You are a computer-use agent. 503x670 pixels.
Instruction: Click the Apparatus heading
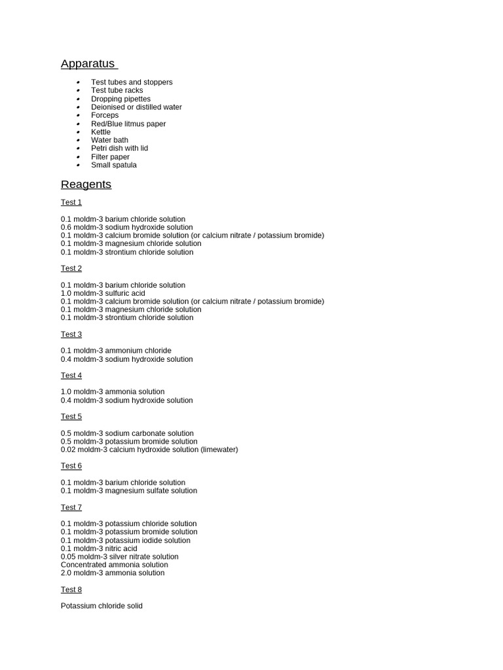(x=88, y=63)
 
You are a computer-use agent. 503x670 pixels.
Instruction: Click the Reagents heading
(x=86, y=185)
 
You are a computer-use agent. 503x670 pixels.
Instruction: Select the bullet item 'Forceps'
(x=105, y=115)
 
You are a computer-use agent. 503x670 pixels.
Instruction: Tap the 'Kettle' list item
(x=101, y=132)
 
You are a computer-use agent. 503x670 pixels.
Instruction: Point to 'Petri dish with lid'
(x=119, y=148)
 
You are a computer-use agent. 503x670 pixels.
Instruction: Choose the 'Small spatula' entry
(x=114, y=165)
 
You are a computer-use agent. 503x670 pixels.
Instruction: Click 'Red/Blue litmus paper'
(x=128, y=124)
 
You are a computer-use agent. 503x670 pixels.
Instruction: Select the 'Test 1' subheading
(x=71, y=202)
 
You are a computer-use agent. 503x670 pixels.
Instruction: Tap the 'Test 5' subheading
(x=71, y=417)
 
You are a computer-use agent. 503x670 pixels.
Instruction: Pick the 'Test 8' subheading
(x=71, y=590)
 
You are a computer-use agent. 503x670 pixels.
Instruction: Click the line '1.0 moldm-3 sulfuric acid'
(x=103, y=293)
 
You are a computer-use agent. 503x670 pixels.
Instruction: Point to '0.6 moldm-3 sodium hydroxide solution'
(x=127, y=227)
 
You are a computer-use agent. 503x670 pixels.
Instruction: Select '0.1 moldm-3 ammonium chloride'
(x=116, y=351)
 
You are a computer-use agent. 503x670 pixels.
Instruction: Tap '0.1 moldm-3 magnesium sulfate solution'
(x=129, y=491)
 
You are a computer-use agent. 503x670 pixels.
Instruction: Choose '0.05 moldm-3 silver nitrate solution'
(x=120, y=557)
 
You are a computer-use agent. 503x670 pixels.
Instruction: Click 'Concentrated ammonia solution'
(x=115, y=565)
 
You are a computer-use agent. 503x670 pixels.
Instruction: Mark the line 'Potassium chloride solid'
(x=102, y=606)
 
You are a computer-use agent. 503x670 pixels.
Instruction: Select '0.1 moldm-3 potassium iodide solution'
(x=126, y=540)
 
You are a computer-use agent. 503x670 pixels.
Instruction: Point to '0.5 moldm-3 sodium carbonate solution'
(x=127, y=433)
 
